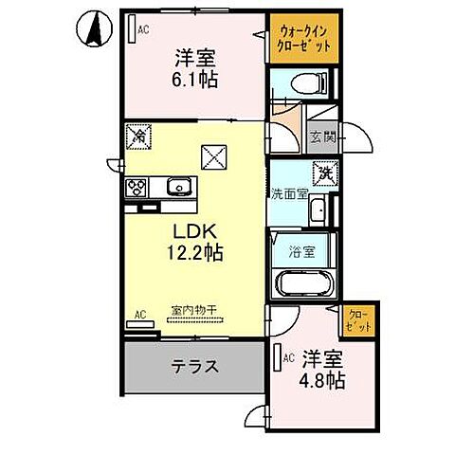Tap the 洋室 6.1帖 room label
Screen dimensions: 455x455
[195, 68]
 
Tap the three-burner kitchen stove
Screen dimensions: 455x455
[135, 188]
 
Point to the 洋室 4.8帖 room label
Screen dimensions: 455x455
[322, 371]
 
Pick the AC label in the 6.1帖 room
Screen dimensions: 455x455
[143, 30]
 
